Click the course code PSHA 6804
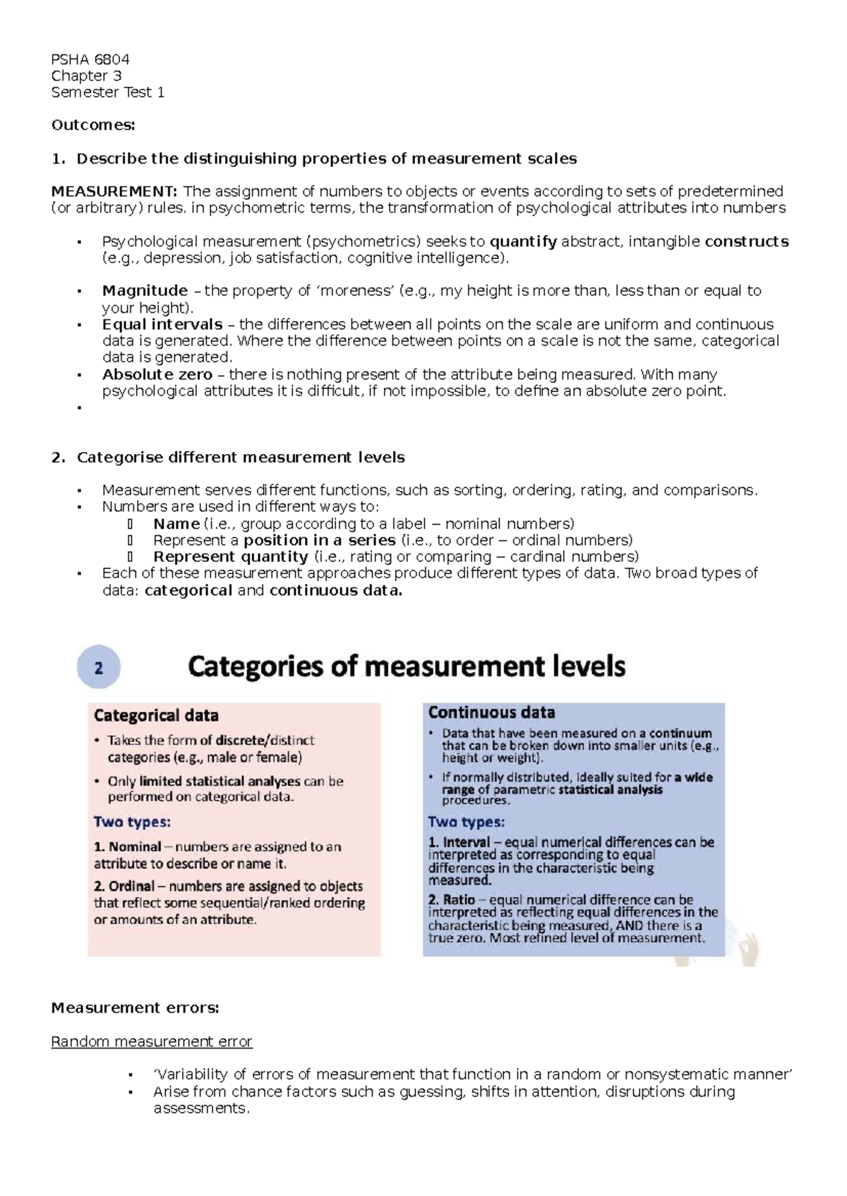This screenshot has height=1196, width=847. coord(90,59)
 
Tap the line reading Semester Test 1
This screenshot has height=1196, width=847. coord(107,92)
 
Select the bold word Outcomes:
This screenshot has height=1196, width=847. coord(92,126)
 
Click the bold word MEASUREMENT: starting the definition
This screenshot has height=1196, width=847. coord(114,191)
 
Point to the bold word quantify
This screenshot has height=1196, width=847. coord(522,242)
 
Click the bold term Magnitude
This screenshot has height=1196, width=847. coord(145,291)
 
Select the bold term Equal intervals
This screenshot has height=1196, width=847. coord(162,324)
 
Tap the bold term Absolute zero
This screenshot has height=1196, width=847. coord(157,374)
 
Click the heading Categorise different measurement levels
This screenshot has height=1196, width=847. coord(240,458)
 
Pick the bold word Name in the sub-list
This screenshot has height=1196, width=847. coord(176,524)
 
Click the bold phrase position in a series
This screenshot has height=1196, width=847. coord(319,540)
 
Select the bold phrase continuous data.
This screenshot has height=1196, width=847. coord(335,591)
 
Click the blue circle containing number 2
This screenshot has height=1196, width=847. coord(98,668)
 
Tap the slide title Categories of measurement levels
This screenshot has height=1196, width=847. coord(407,666)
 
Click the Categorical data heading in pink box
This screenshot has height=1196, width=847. coord(156,716)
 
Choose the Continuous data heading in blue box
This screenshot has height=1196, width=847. coord(491,712)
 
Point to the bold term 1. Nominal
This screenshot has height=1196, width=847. coord(127,847)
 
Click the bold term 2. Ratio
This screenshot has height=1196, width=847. coord(451,900)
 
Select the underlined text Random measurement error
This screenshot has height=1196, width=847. coord(151,1042)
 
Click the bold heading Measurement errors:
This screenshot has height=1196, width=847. coord(135,1008)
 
